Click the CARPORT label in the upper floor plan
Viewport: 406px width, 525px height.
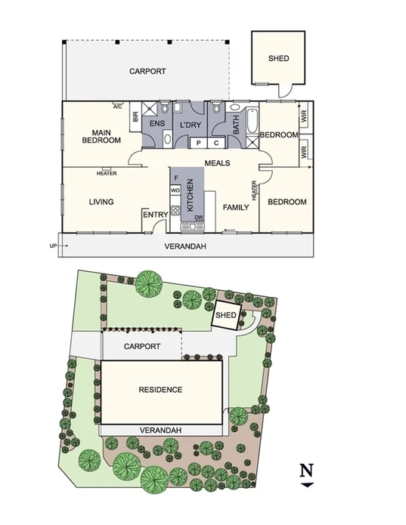tap(147, 72)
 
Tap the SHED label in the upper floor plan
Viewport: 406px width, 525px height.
tap(278, 58)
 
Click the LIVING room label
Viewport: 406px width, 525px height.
tap(101, 202)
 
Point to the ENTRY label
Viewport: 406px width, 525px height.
tap(155, 215)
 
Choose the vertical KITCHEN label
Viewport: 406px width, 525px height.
tap(191, 195)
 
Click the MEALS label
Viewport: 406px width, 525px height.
tap(217, 163)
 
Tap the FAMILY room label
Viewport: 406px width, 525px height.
tap(235, 206)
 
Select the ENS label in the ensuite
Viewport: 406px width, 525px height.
tap(157, 122)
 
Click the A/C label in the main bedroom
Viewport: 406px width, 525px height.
tap(118, 107)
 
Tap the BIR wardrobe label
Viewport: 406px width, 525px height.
tap(135, 117)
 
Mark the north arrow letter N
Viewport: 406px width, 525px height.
tap(306, 470)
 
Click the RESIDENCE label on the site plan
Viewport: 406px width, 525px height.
tap(160, 390)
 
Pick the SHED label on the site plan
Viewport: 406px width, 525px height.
tap(226, 316)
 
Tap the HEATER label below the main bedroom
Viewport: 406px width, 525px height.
tap(107, 174)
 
